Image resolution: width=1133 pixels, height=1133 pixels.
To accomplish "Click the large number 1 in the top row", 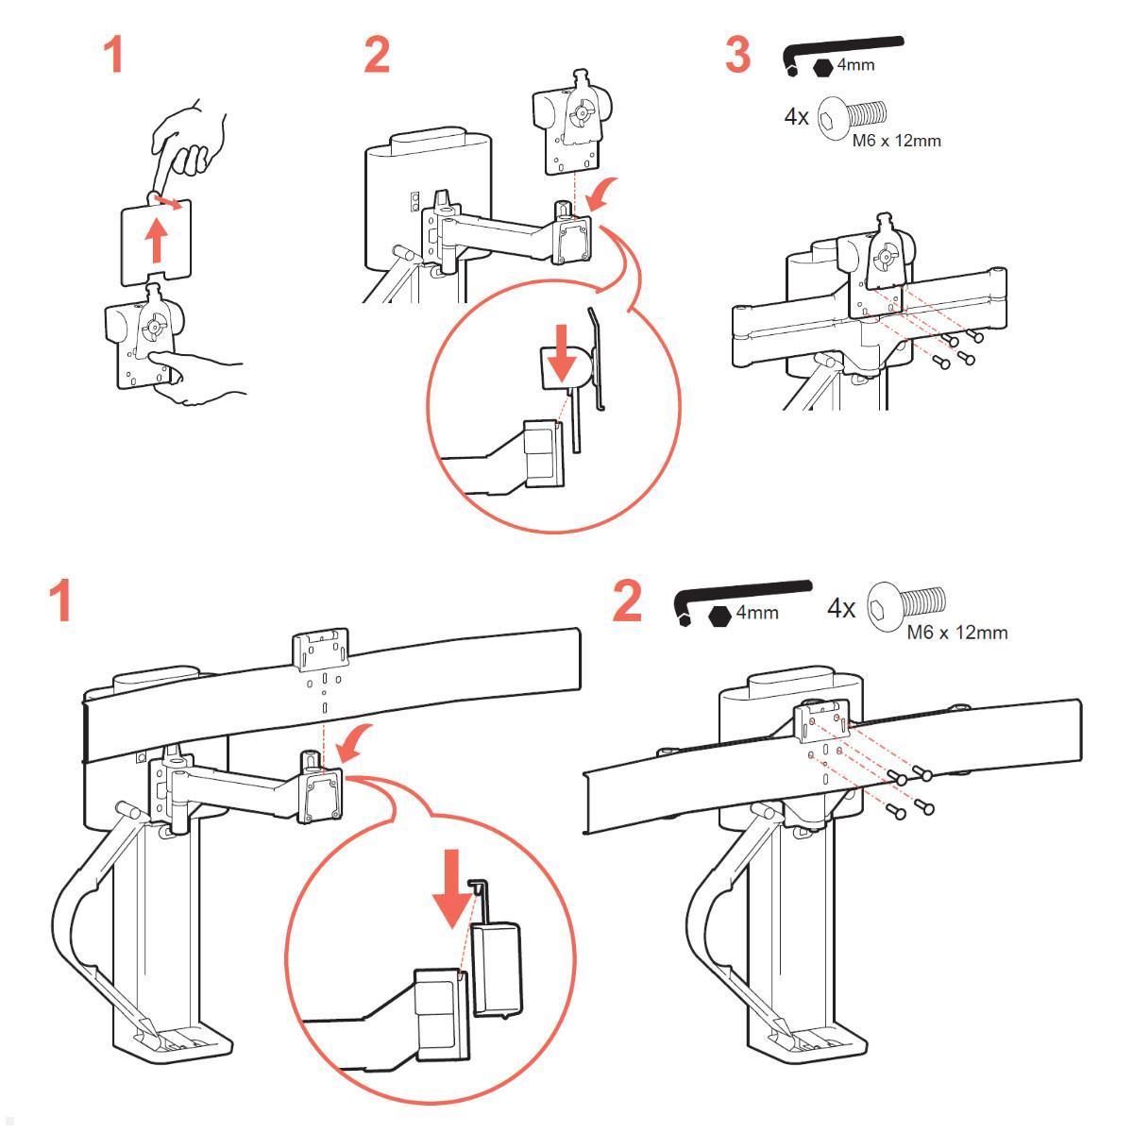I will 114,56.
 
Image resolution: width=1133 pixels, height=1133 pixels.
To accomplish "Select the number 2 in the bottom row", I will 627,601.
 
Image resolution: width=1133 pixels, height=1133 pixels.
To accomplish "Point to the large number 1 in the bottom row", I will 62,601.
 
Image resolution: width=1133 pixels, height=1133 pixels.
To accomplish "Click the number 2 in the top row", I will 377,56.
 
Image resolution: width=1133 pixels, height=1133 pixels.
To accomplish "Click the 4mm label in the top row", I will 856,65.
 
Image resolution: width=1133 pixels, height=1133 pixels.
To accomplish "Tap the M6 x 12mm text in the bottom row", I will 956,632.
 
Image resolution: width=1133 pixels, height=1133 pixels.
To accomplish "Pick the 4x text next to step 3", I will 796,117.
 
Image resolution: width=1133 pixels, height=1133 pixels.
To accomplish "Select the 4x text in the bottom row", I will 841,608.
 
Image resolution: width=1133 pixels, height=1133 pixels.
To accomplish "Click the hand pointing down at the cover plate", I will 190,142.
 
